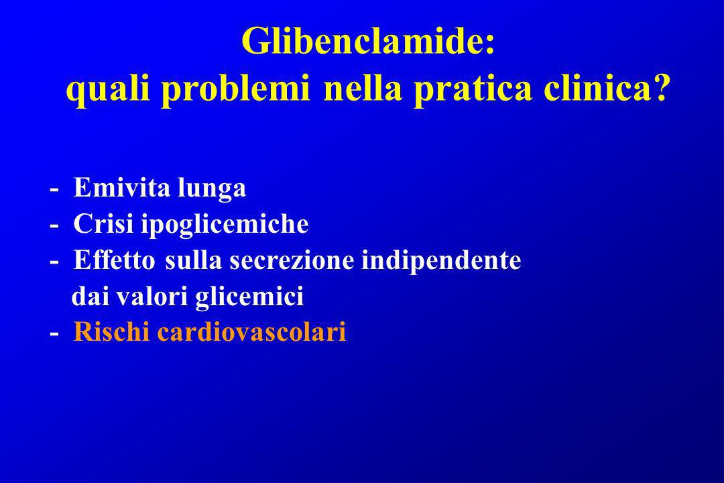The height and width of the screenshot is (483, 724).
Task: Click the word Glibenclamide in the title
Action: click(x=363, y=41)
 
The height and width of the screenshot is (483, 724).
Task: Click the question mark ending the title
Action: click(x=660, y=89)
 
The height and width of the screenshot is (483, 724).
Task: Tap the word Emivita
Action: click(x=122, y=187)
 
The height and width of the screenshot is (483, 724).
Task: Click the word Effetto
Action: click(x=114, y=260)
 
